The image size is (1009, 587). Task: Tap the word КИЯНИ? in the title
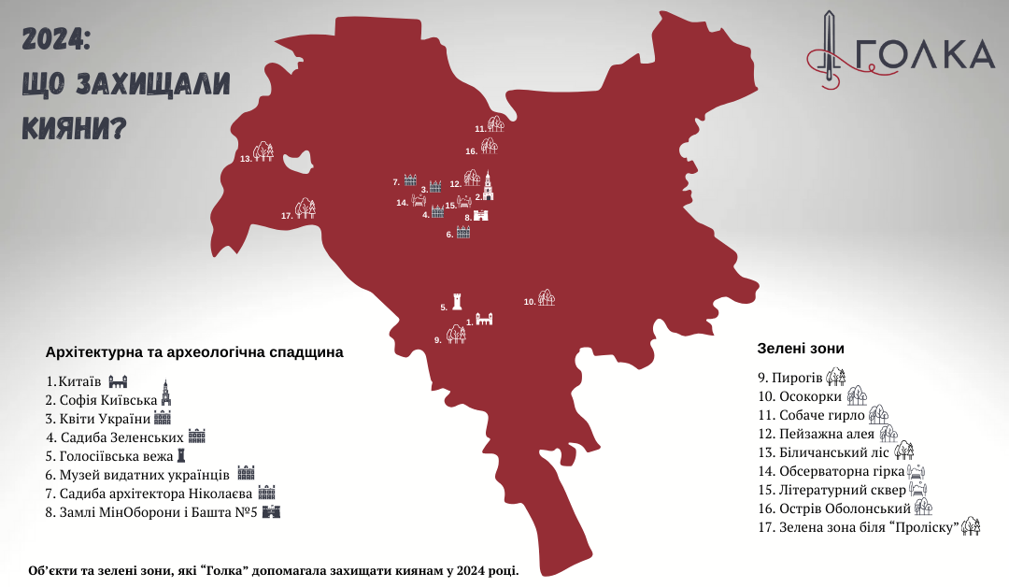74,124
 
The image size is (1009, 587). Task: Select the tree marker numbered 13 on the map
264,151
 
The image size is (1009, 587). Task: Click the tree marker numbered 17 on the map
306,208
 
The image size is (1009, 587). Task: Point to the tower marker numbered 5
457,301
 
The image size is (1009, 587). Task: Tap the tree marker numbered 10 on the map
547,298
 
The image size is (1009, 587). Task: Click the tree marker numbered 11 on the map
496,124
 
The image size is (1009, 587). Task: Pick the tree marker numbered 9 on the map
456,334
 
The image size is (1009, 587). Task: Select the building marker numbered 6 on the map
462,232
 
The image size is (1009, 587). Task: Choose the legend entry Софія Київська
102,400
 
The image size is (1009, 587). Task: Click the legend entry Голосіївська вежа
110,456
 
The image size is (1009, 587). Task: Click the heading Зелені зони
801,348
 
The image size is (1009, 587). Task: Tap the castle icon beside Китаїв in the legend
117,381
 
